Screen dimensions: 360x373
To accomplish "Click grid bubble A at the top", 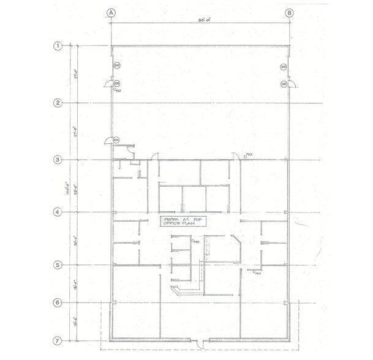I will (111, 12).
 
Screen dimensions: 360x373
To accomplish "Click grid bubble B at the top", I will (288, 12).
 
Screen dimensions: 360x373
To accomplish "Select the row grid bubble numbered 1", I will (59, 46).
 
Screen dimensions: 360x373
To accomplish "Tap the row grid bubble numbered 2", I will (59, 103).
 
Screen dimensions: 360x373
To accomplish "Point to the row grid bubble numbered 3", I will (59, 160).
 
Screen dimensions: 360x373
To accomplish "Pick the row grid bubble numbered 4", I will (59, 212).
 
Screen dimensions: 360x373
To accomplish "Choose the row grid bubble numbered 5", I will (59, 265).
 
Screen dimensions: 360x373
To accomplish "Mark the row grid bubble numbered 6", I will (59, 302).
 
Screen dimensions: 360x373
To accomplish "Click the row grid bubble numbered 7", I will (59, 340).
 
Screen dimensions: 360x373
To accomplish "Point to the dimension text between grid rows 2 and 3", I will (75, 131).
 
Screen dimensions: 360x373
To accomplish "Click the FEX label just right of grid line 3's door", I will (249, 156).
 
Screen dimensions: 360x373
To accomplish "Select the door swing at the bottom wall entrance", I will (197, 342).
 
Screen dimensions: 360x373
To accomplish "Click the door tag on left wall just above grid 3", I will (115, 140).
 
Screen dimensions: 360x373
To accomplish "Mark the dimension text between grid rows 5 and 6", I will (75, 284).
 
